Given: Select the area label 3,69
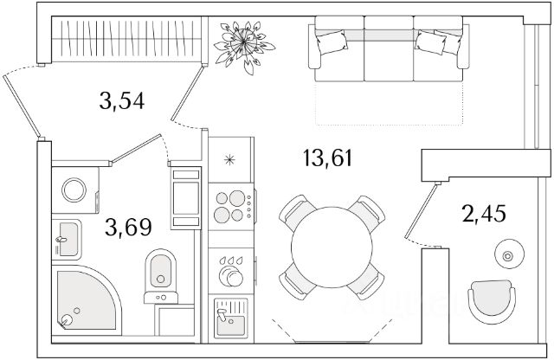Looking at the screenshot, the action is (128, 228).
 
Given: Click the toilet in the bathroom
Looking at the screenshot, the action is (158, 270).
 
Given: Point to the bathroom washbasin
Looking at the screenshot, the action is (67, 237).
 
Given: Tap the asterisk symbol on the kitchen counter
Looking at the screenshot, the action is (229, 158).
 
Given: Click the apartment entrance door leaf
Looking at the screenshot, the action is (23, 105).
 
